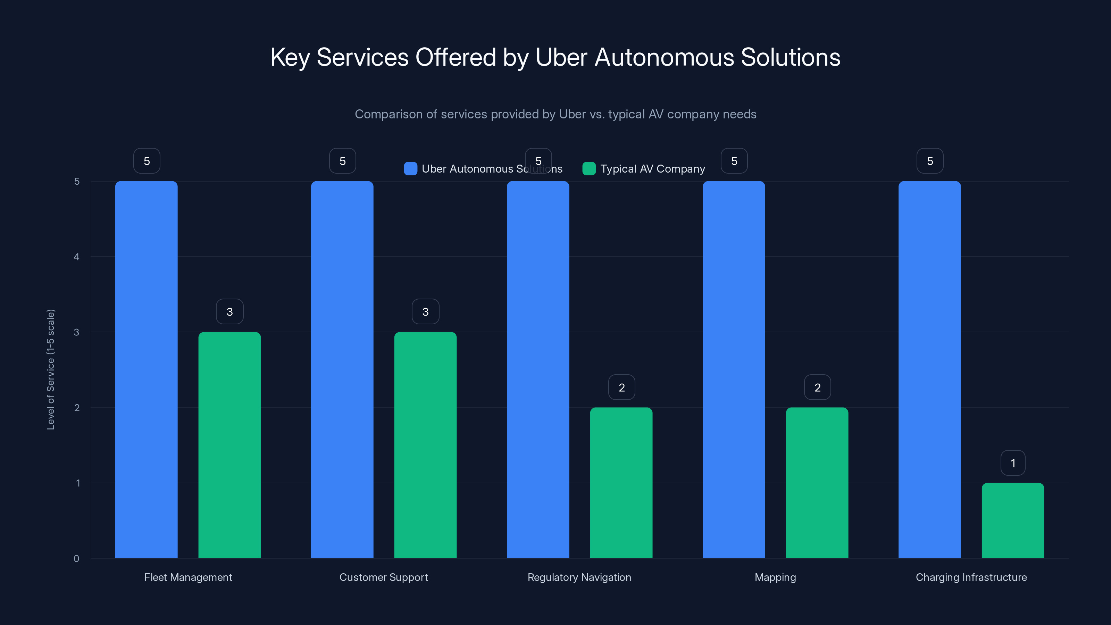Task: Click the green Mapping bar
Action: click(817, 483)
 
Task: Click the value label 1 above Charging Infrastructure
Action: click(1013, 463)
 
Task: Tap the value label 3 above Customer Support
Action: click(425, 312)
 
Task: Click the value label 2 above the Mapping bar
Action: click(817, 387)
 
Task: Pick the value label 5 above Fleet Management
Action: click(147, 161)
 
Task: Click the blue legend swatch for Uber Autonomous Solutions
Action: click(410, 169)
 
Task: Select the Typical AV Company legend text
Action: click(653, 169)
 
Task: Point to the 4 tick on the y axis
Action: click(76, 257)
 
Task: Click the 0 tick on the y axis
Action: click(76, 559)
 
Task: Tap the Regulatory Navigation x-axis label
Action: click(579, 577)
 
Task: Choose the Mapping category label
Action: click(775, 577)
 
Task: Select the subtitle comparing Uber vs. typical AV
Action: click(555, 114)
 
